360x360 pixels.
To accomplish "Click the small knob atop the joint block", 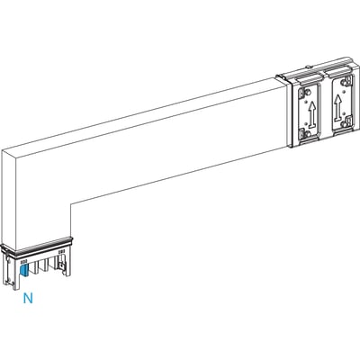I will (x=308, y=67).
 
